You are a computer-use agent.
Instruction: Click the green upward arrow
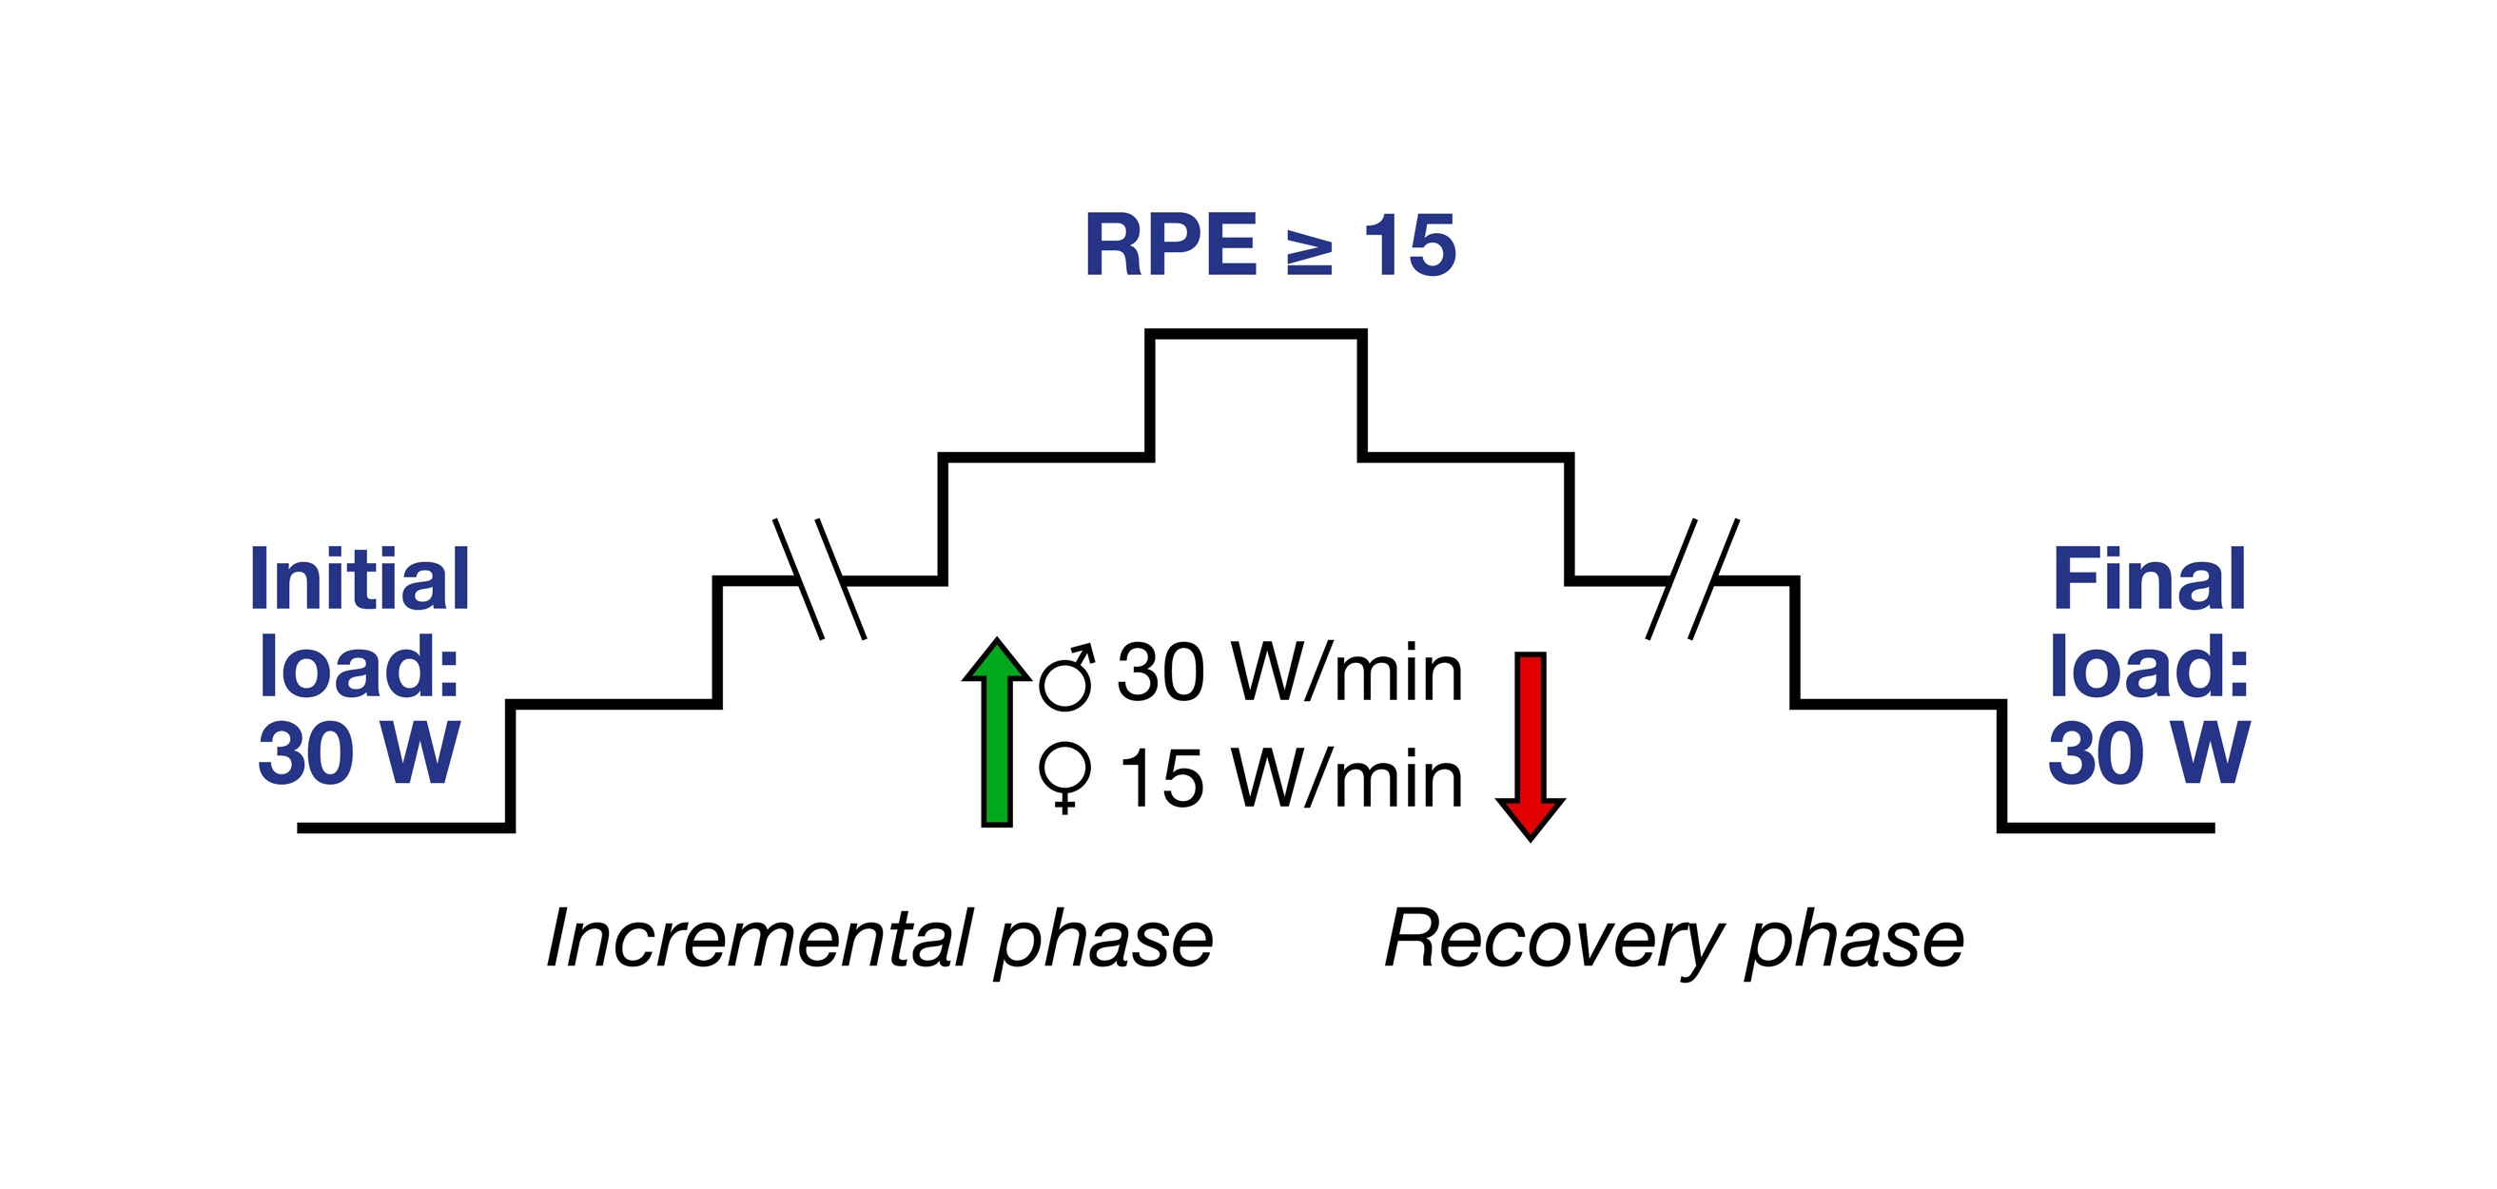(997, 736)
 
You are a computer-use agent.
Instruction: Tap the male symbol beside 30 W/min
(1066, 676)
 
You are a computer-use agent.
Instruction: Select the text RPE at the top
(1170, 246)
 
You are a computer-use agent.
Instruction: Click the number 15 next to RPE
(1410, 246)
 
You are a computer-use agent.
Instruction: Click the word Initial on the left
(360, 578)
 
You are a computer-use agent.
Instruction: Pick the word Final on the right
(2149, 578)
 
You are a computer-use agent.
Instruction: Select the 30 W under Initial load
(358, 754)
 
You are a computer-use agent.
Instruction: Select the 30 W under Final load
(2148, 754)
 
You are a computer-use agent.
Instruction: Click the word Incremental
(760, 938)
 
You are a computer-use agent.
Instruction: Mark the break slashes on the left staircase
(819, 579)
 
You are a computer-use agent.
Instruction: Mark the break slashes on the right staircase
(1692, 579)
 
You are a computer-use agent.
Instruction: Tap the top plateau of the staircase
(1256, 334)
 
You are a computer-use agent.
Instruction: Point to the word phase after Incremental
(1104, 940)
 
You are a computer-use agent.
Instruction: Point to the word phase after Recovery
(1854, 940)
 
